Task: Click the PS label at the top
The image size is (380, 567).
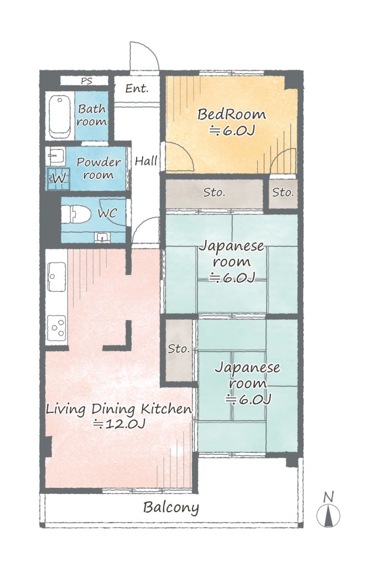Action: [86, 81]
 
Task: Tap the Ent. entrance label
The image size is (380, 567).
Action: [137, 88]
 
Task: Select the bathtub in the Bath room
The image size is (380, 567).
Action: [60, 116]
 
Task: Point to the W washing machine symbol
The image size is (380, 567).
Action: [58, 178]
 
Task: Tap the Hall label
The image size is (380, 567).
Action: [146, 161]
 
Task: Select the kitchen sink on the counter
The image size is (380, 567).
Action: [56, 277]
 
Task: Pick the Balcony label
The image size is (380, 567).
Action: [171, 507]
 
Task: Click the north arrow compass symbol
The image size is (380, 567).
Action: [328, 510]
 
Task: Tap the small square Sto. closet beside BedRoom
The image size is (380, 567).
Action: [283, 193]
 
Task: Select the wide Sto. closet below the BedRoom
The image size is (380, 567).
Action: [214, 193]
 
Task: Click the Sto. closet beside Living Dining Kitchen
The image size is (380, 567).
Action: [179, 349]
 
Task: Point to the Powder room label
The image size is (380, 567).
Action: [98, 169]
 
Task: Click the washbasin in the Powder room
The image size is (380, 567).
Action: [55, 157]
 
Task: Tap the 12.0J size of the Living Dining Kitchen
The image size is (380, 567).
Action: [119, 424]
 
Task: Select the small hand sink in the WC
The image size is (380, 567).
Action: [102, 237]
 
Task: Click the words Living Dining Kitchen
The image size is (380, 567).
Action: [119, 410]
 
